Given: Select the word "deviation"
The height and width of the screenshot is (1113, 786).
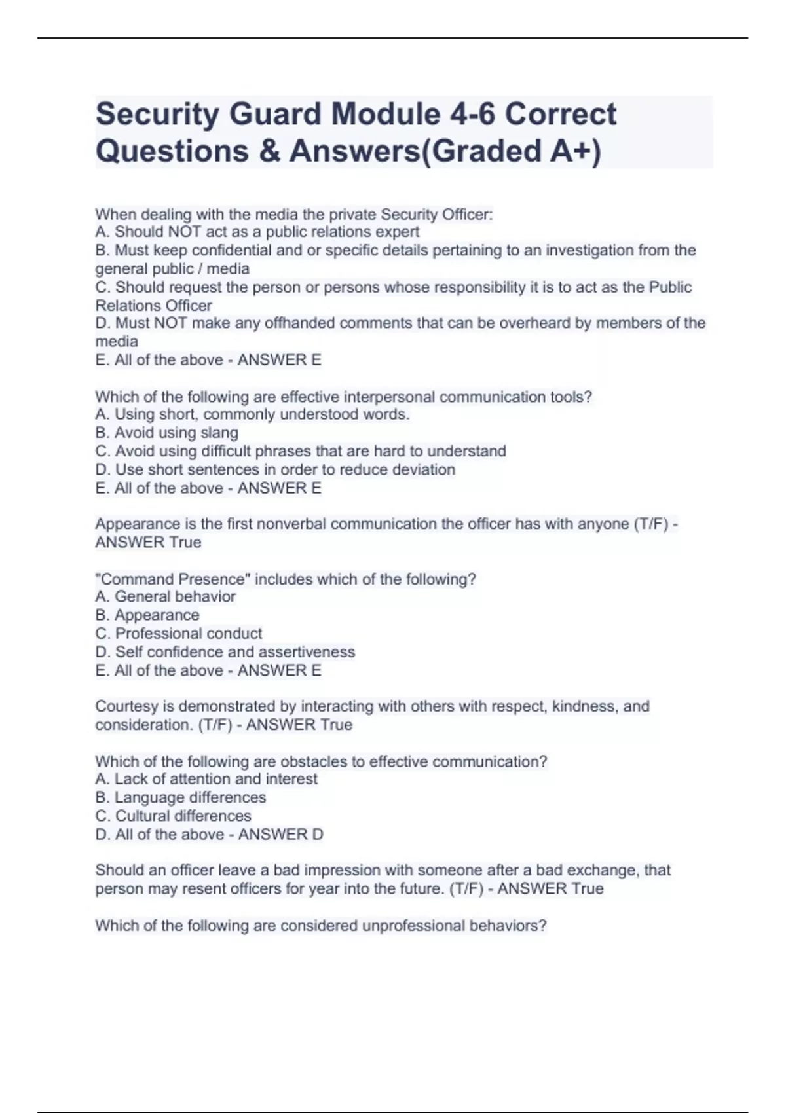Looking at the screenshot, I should [x=424, y=469].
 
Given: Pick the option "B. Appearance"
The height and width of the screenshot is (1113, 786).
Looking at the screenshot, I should [x=147, y=615].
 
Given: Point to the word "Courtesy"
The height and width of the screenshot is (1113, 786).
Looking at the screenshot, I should [x=126, y=706].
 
